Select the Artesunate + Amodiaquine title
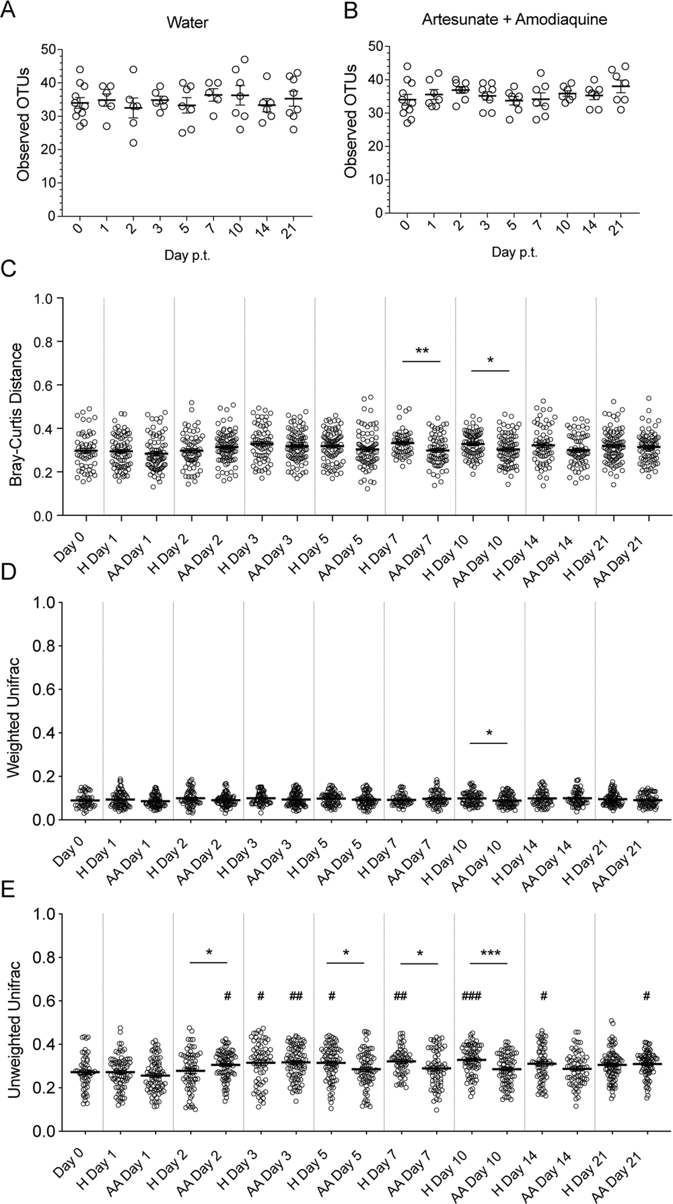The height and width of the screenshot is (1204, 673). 514,20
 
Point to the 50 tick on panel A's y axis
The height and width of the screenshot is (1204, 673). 47,49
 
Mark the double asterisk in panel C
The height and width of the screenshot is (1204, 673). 422,352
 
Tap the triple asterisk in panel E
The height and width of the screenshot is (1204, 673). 490,954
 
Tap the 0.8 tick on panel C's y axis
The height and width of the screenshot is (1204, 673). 45,342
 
